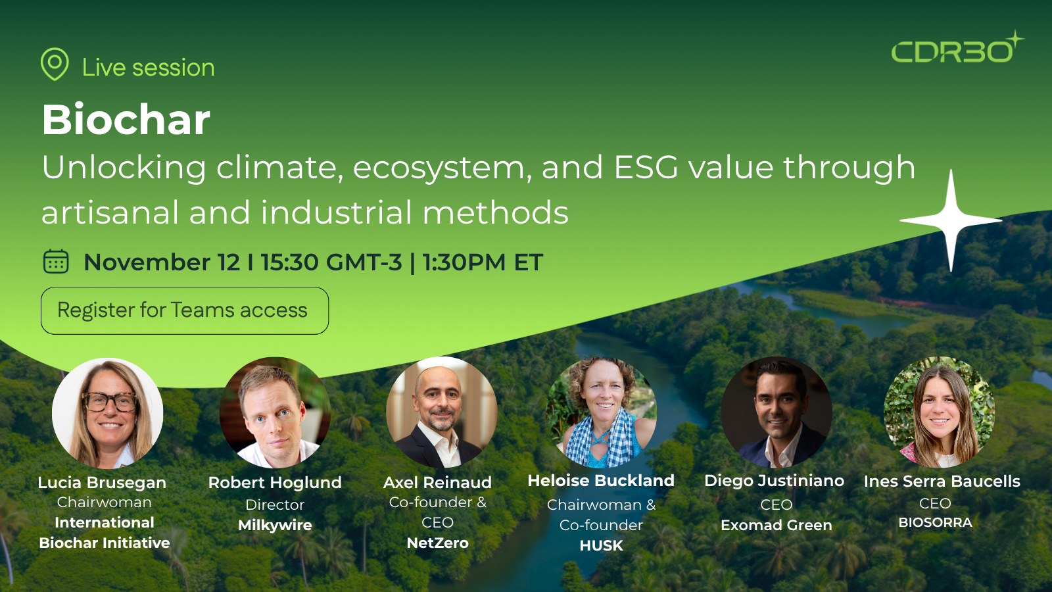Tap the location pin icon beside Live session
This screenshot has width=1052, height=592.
pyautogui.click(x=55, y=64)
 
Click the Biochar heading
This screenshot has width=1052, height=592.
pyautogui.click(x=126, y=120)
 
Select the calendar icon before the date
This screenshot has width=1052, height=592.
pyautogui.click(x=56, y=261)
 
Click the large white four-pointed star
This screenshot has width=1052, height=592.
pyautogui.click(x=951, y=220)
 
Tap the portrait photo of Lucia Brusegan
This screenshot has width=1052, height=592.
pyautogui.click(x=108, y=413)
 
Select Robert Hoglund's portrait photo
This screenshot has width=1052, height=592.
pyautogui.click(x=275, y=413)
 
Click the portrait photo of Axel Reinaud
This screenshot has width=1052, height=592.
pyautogui.click(x=442, y=413)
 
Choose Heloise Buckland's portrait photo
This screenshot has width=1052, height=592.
pyautogui.click(x=601, y=413)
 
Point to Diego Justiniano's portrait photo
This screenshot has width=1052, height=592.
pyautogui.click(x=777, y=413)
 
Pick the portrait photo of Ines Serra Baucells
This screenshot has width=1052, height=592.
pyautogui.click(x=940, y=413)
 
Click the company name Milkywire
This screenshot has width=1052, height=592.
pyautogui.click(x=275, y=525)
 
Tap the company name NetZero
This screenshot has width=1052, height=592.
pyautogui.click(x=438, y=543)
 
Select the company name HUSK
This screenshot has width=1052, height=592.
pyautogui.click(x=601, y=545)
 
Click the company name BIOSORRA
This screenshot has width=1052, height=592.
pyautogui.click(x=935, y=522)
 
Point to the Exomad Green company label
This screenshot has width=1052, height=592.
pyautogui.click(x=777, y=525)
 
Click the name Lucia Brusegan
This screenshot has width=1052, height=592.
pyautogui.click(x=102, y=482)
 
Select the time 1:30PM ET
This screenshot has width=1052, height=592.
pyautogui.click(x=483, y=262)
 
